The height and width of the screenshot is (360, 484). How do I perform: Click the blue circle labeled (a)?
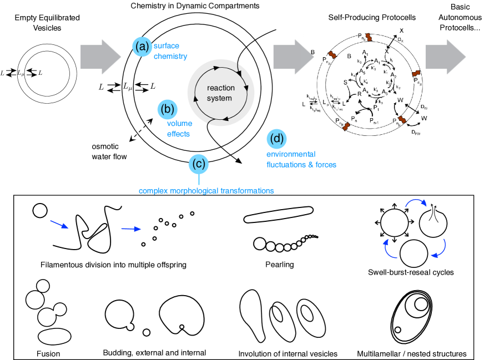tap(142, 47)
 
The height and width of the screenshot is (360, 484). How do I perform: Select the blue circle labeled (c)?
tap(199, 164)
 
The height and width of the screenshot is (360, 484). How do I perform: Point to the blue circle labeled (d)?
tap(277, 138)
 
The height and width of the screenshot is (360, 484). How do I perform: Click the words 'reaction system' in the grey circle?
tap(220, 93)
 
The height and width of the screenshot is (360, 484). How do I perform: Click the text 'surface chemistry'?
tap(170, 51)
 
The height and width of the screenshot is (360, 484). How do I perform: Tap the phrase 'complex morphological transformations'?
tap(206, 191)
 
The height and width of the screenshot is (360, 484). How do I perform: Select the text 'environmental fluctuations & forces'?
tap(301, 159)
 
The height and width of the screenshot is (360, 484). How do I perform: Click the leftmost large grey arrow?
tap(100, 56)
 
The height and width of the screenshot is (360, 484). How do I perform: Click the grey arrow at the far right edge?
tap(446, 56)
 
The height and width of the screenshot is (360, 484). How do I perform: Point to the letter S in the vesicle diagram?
tap(345, 82)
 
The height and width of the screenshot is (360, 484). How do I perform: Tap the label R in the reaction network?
tap(359, 94)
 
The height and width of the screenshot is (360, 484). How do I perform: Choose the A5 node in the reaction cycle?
tap(362, 71)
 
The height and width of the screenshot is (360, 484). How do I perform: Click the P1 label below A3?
tap(376, 108)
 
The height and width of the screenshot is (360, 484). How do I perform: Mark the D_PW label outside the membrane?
tap(416, 132)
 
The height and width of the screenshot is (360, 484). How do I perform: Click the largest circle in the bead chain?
tap(259, 243)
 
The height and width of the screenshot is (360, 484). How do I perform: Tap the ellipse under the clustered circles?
tap(54, 337)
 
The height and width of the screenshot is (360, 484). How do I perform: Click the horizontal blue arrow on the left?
tap(131, 229)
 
